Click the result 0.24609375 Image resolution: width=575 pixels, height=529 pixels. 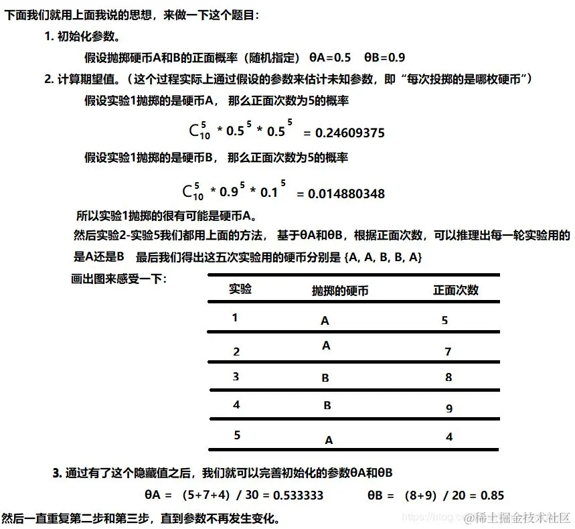[350, 133]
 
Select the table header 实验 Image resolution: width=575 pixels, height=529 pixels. [240, 289]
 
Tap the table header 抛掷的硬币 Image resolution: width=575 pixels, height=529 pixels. [339, 291]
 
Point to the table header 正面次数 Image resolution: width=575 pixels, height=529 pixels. [456, 290]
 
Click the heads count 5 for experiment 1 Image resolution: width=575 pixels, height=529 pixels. [444, 321]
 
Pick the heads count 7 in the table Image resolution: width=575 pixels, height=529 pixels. [448, 352]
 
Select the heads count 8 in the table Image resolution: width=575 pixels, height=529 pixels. [448, 378]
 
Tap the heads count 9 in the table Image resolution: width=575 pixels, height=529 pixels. [448, 408]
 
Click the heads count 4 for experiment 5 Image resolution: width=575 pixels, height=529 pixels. [449, 437]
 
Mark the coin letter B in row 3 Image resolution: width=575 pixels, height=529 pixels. [325, 378]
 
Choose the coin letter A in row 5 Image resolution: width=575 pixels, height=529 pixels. [329, 441]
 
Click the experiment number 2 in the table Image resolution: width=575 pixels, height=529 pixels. [236, 352]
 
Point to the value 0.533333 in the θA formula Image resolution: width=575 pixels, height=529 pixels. [300, 496]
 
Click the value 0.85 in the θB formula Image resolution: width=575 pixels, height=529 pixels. [491, 496]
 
